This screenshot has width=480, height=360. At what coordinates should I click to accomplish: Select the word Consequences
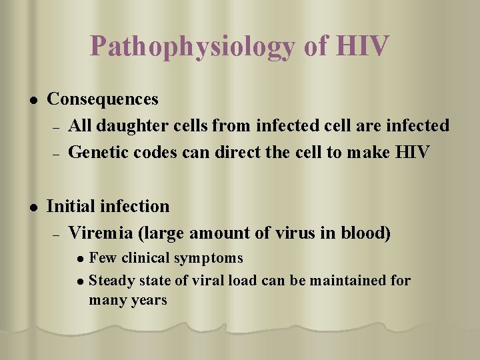point(103,99)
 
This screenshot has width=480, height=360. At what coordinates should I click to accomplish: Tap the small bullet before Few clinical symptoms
point(81,259)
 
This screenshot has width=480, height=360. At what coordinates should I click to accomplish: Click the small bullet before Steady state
point(81,281)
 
